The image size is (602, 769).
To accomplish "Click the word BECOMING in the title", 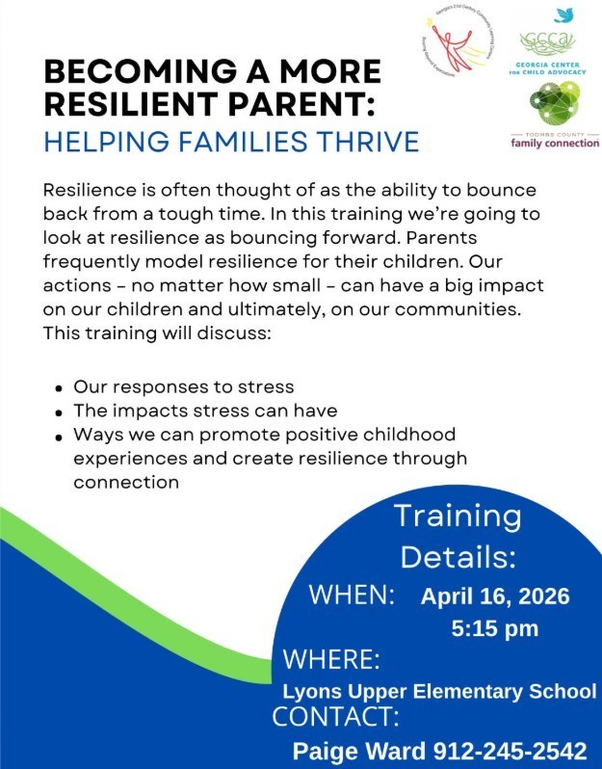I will (x=126, y=72).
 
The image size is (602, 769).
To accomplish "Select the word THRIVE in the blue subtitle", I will (x=366, y=143).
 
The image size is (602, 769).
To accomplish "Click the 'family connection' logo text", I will (x=555, y=143).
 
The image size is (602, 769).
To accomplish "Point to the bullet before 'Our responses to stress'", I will (x=60, y=388).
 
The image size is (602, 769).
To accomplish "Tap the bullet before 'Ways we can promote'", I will (x=60, y=437).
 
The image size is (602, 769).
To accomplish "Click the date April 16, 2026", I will (x=494, y=596).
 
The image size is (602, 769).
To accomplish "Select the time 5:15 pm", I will (x=494, y=629).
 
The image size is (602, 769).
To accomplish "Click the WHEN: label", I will (x=352, y=595).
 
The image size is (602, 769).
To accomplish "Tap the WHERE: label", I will (x=330, y=660).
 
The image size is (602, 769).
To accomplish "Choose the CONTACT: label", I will (x=335, y=717).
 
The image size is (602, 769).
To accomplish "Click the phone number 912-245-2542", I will (x=510, y=751).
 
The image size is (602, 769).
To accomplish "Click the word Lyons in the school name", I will (x=307, y=691).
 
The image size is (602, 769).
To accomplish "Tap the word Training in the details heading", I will (x=458, y=516).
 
